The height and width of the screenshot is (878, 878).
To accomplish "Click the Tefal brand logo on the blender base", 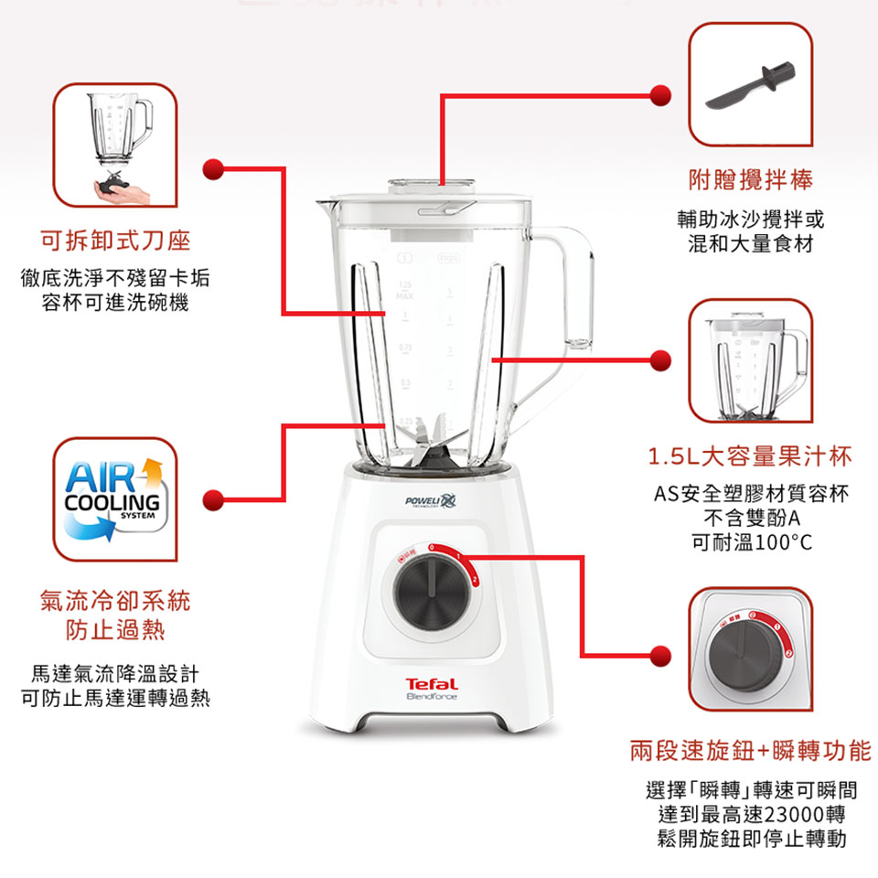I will (432, 684).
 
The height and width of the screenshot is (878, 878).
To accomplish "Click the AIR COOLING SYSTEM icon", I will (114, 499).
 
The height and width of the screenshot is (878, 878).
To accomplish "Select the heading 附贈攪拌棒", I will (750, 180).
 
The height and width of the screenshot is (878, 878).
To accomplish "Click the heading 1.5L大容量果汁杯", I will (750, 455).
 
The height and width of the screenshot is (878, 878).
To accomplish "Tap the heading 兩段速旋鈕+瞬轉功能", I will (750, 752).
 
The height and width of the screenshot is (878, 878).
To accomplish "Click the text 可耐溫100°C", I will (751, 543).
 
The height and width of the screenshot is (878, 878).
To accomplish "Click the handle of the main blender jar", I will (573, 293).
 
